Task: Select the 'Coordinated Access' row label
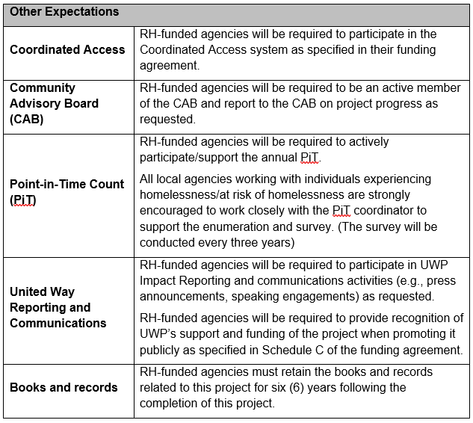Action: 67,49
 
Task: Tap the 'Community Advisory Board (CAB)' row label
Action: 54,103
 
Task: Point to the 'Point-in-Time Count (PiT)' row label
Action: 67,191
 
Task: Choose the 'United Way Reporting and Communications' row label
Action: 58,307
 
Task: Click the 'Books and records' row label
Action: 64,387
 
